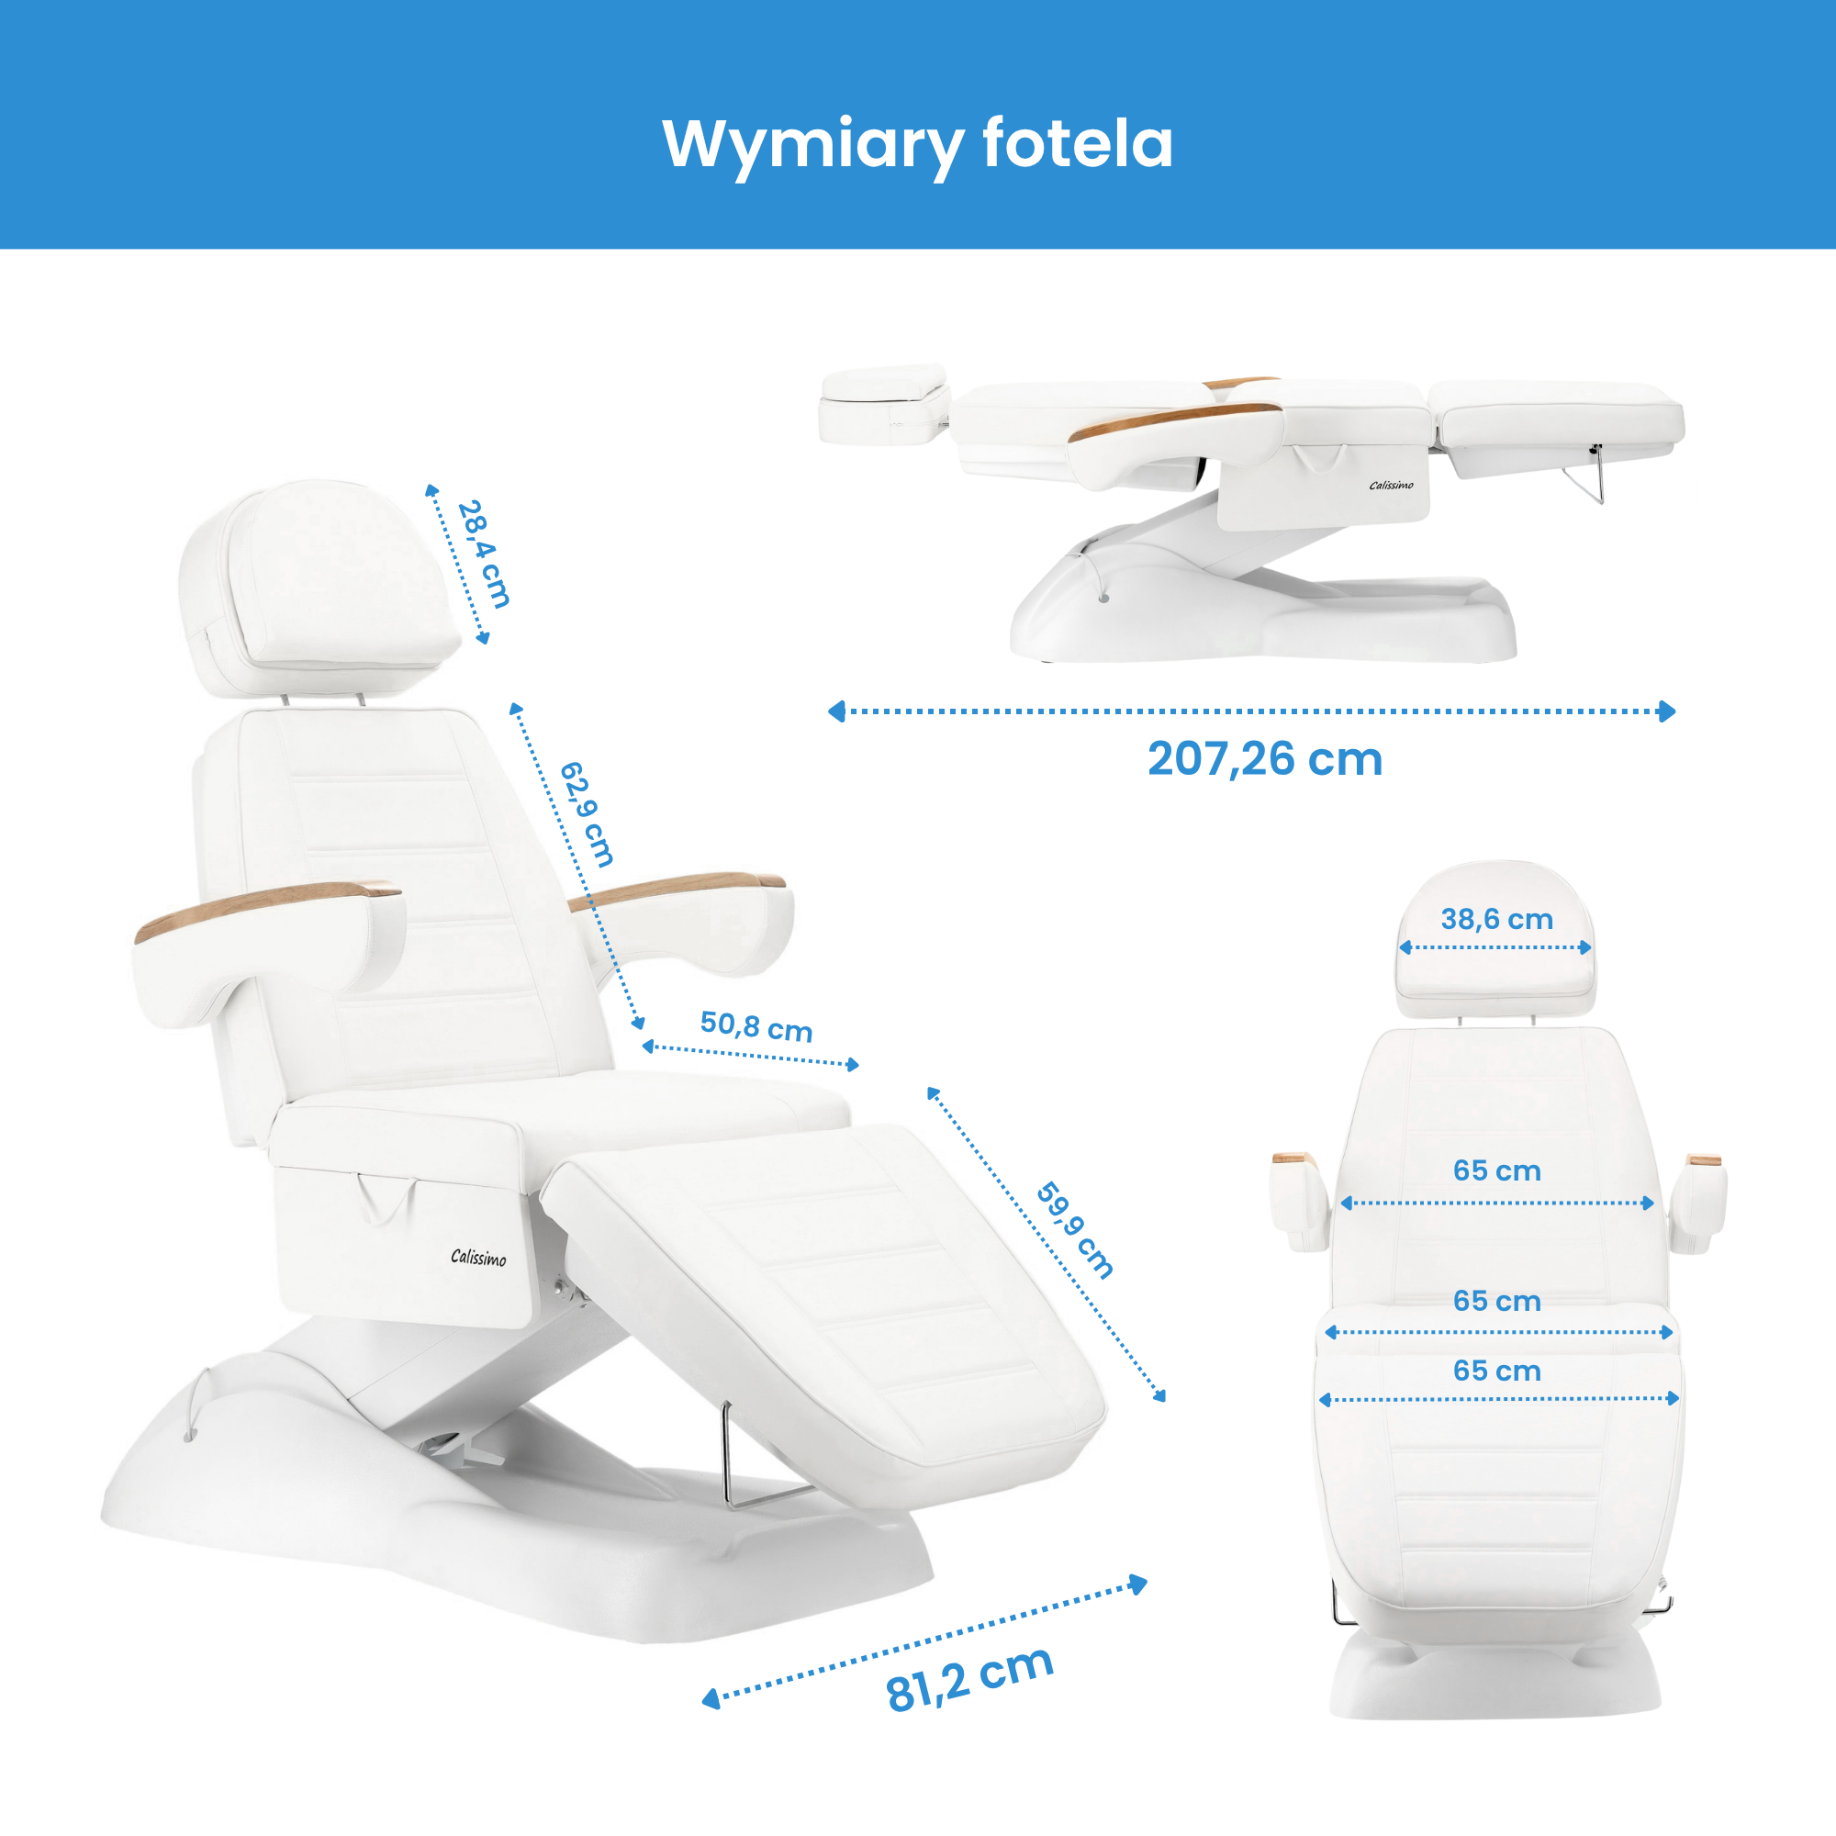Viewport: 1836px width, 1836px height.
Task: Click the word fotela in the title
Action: point(1078,143)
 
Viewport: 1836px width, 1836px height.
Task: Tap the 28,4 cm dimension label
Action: point(484,554)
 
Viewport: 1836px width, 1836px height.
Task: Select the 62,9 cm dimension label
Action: point(586,814)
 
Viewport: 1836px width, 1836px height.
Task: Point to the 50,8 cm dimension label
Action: point(756,1027)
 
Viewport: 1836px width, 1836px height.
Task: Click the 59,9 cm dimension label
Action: point(1075,1231)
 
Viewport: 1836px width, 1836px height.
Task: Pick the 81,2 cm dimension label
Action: point(969,1680)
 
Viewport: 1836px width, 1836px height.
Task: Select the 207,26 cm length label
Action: point(1265,759)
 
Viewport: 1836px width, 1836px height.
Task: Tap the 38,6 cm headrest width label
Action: point(1496,919)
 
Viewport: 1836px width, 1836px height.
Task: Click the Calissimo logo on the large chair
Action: point(478,1258)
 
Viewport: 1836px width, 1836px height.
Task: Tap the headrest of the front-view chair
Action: point(1495,939)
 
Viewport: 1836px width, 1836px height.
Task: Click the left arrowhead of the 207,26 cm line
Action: point(836,711)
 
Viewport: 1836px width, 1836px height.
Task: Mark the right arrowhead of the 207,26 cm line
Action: point(1667,711)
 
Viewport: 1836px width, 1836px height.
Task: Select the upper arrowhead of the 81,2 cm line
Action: point(1138,1584)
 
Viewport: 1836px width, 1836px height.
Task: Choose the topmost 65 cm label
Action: point(1496,1170)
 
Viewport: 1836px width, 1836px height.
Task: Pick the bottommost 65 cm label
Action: point(1496,1371)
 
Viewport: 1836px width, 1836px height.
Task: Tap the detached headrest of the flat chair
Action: point(884,404)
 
